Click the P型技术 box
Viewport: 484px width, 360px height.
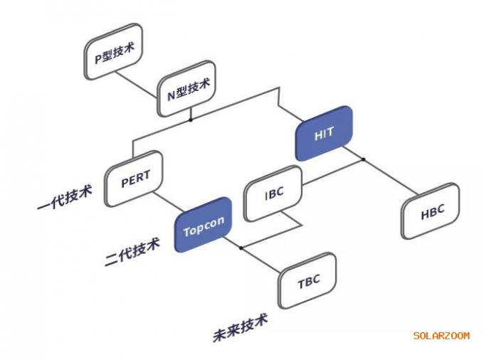114,51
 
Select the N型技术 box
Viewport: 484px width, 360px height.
186,88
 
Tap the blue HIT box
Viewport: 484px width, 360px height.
324,133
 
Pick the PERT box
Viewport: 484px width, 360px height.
134,179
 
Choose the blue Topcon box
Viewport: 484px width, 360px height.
204,225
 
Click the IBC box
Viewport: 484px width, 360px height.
273,194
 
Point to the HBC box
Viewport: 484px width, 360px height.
431,211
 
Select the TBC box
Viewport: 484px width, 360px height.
307,281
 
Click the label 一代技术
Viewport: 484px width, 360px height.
65,198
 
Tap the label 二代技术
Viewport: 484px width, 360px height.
132,251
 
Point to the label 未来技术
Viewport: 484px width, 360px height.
241,327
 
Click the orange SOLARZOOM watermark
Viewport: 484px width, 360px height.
441,336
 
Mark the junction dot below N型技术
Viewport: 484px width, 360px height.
191,120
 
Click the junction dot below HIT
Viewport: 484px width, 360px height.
363,159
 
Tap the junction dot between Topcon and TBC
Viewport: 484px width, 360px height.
241,248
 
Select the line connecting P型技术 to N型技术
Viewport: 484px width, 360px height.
136,85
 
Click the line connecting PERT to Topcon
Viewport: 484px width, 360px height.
169,202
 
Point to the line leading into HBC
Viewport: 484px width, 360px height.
391,177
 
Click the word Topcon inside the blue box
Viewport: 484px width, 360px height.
204,226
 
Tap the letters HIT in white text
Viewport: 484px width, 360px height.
324,134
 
